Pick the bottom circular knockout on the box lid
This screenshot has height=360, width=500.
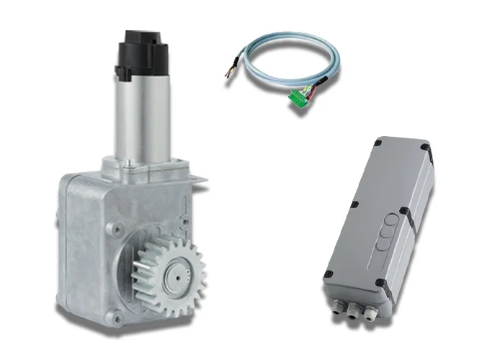384,245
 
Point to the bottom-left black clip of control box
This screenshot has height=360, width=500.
329,274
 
